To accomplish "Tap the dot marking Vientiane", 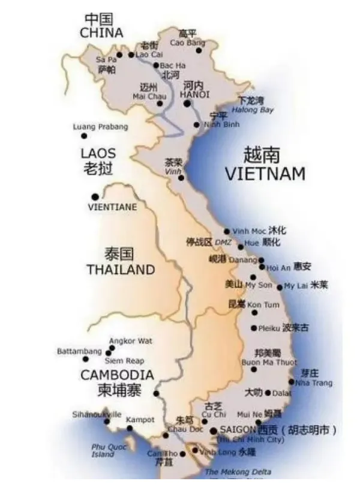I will point(95,196).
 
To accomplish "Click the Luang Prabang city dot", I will point(84,136).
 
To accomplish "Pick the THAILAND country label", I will point(121,270).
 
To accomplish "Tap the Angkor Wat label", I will point(130,341).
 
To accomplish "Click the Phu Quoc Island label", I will point(103,450).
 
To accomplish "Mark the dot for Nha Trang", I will point(292,381).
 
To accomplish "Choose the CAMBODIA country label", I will point(117,375).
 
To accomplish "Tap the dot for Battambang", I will point(85,359).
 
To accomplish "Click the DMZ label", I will point(223,241).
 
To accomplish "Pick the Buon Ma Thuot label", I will point(260,362).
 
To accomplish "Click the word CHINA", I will point(102,32).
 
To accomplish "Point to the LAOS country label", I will point(98,153).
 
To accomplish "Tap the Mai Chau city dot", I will point(160,103).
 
